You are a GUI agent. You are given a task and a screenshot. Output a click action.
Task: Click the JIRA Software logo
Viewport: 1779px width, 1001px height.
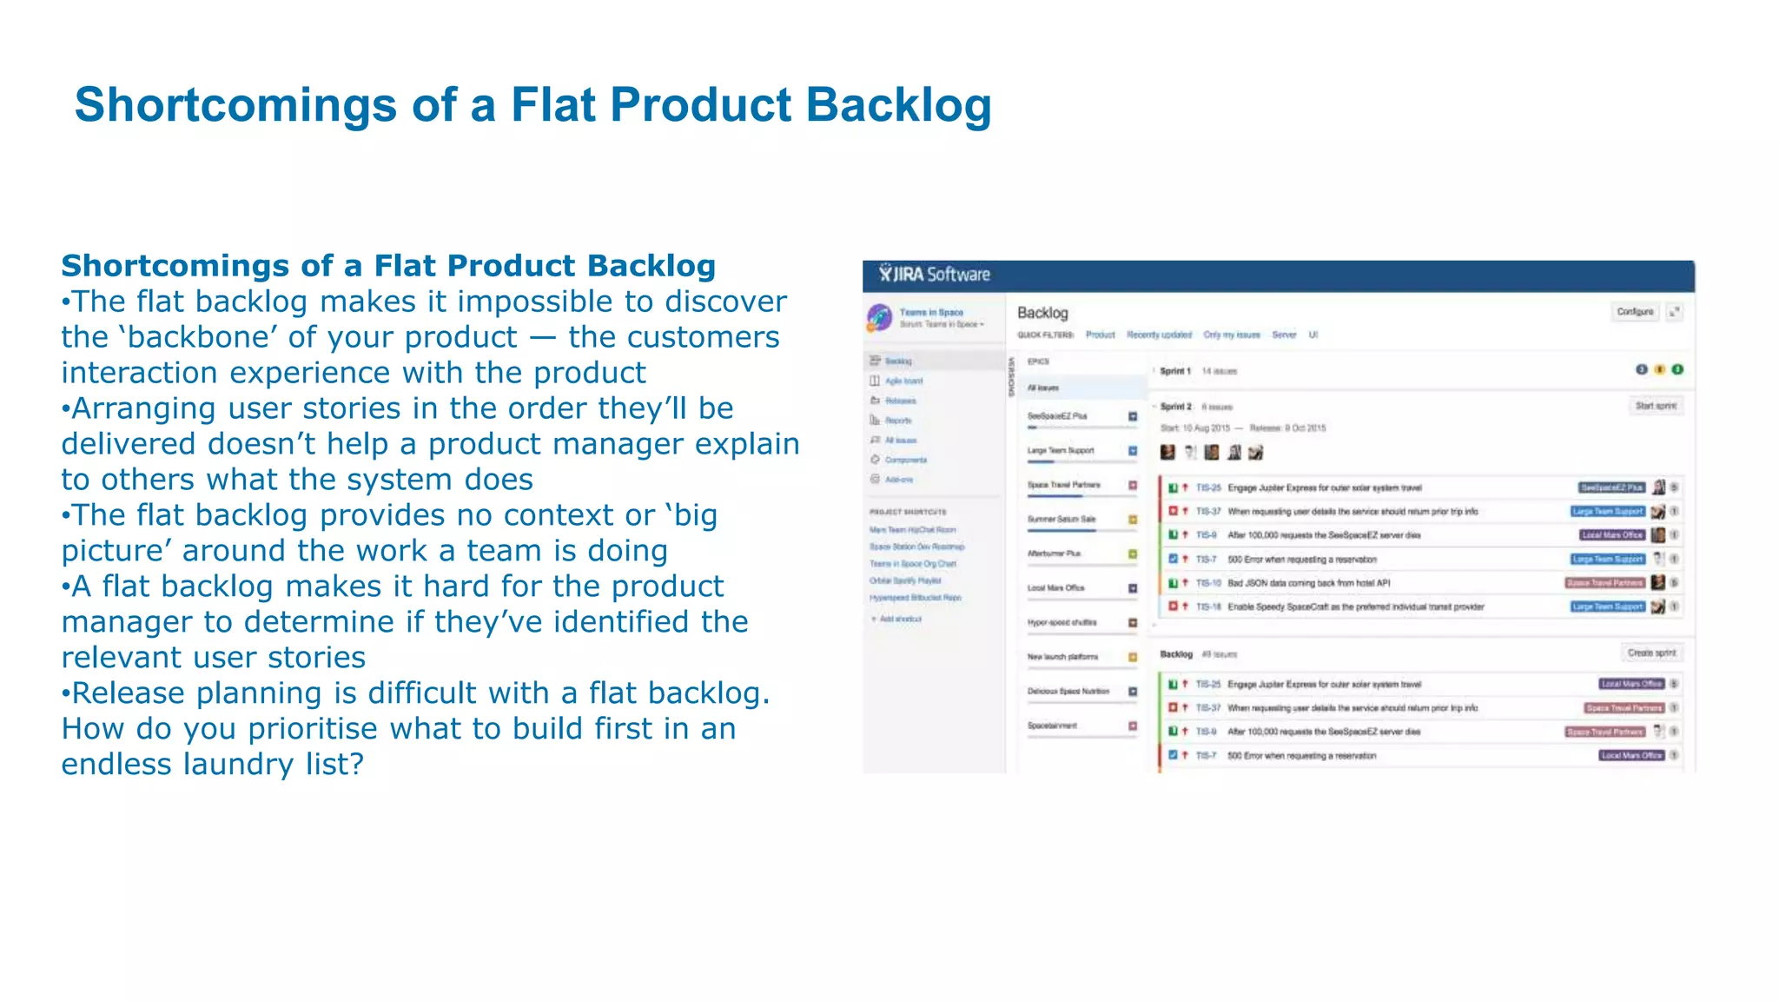coord(934,275)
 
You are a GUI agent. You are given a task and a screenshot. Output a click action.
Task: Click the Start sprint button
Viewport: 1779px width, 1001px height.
coord(1655,406)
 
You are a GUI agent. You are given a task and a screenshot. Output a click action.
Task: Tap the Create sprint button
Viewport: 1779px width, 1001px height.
coord(1651,653)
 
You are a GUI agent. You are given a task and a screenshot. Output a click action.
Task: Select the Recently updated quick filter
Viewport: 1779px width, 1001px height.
coord(1159,335)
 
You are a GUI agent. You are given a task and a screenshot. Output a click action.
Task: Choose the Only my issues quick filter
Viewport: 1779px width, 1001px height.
coord(1231,335)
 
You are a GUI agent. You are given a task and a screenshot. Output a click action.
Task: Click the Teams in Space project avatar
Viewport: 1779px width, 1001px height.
coord(879,317)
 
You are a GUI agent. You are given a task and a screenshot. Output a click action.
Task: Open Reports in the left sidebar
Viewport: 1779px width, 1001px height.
coord(898,421)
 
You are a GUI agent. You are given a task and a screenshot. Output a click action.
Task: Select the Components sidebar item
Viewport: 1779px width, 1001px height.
coord(905,460)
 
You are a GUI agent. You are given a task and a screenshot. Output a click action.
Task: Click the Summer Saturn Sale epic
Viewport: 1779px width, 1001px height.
coord(1061,519)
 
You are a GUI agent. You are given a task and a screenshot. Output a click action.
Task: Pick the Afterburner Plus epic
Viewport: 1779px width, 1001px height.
coord(1055,554)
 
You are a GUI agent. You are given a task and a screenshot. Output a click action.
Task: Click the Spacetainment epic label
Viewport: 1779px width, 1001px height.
coord(1052,726)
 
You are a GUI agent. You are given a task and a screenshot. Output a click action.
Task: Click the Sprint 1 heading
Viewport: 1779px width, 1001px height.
coord(1175,371)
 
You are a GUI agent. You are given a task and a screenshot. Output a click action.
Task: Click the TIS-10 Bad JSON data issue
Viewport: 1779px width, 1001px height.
coord(1308,583)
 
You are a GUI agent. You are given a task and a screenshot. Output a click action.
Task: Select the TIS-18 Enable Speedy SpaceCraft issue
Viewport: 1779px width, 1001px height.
coord(1355,607)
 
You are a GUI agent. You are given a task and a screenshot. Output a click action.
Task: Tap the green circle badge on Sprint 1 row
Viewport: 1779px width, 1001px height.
coord(1677,369)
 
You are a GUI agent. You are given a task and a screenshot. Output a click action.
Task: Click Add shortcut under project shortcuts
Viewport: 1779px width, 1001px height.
coord(900,619)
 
